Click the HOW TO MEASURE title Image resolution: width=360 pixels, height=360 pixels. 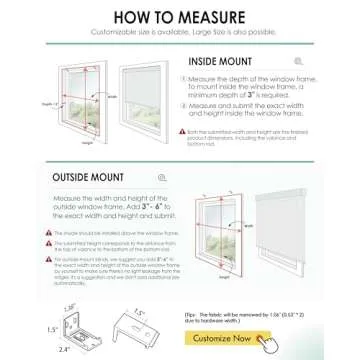click(x=180, y=16)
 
